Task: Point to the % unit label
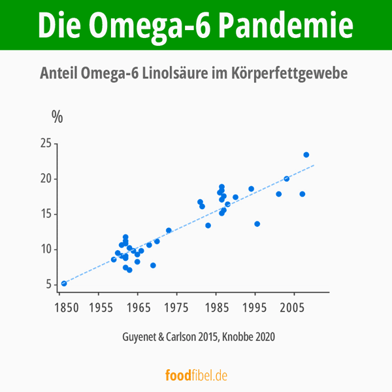point(57,117)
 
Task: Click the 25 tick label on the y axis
point(45,144)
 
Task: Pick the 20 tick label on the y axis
point(45,179)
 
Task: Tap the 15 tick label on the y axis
point(45,214)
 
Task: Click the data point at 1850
point(64,284)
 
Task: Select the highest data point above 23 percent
point(306,155)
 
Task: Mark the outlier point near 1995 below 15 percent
point(257,224)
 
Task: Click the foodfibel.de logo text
point(196,376)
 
